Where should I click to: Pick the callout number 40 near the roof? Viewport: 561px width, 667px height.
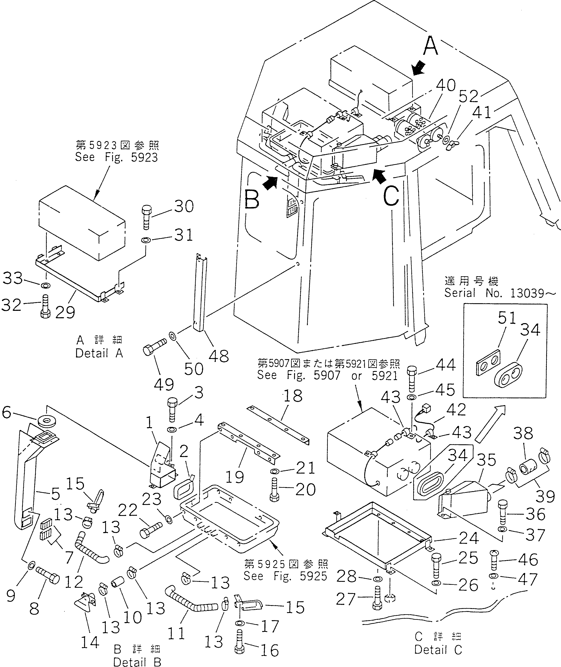point(446,85)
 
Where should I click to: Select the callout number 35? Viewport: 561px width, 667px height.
point(487,460)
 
